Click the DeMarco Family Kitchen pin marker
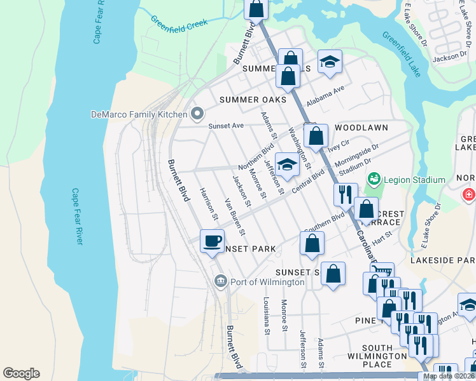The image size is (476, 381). (x=197, y=114)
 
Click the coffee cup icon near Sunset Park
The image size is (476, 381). (x=212, y=241)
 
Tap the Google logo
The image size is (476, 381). (x=21, y=373)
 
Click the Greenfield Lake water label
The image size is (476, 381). (x=401, y=53)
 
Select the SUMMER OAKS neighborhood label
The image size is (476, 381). (x=252, y=100)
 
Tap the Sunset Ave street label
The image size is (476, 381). (x=226, y=126)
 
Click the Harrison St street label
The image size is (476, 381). (x=209, y=204)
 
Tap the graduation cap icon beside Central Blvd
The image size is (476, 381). (x=287, y=166)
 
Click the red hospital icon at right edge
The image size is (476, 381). (x=469, y=193)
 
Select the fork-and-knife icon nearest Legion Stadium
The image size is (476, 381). (x=346, y=194)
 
